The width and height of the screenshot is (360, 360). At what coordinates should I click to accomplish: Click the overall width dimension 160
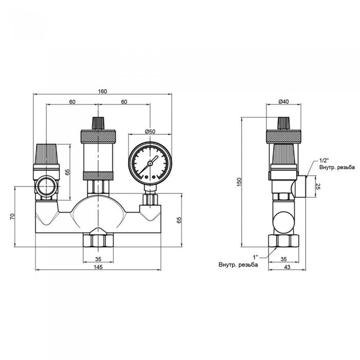coord(102,91)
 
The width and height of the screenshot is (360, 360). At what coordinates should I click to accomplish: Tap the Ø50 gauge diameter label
coord(150,132)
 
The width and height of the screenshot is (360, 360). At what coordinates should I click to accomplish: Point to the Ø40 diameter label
coord(283,102)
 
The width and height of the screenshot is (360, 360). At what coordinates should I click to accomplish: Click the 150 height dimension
coord(239,183)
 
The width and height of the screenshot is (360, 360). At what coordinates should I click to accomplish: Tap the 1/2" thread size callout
coord(325,160)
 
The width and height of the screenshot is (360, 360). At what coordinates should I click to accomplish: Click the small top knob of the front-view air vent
coord(98,123)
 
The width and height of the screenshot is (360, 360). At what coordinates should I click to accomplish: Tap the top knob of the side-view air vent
coord(283,123)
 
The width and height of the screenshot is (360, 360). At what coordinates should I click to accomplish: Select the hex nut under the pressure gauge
coord(149,198)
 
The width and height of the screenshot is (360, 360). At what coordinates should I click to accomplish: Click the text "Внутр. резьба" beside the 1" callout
coord(238,264)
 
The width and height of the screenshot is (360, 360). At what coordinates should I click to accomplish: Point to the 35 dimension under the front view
coord(98,258)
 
